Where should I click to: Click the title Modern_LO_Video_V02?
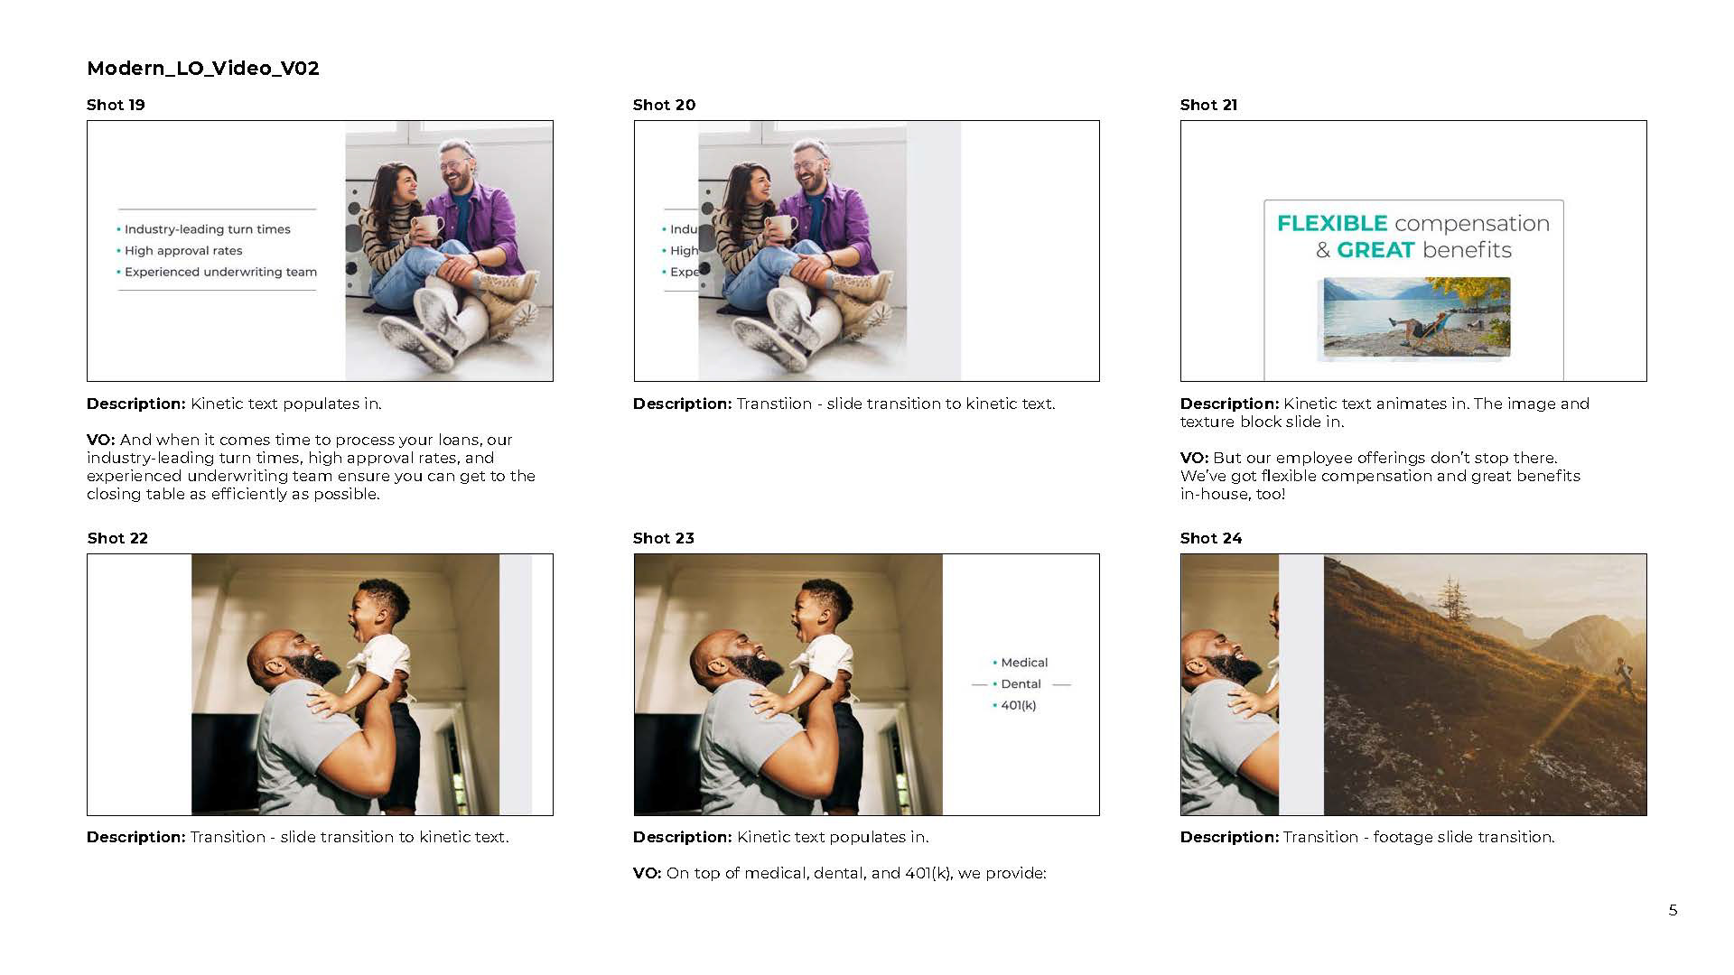tap(203, 69)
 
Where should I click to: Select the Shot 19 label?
tap(116, 105)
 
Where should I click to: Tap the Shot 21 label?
tap(1208, 105)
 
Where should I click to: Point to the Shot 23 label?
tap(664, 538)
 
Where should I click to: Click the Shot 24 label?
tap(1211, 538)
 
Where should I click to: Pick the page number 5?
tap(1673, 910)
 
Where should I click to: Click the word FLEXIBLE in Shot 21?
tap(1332, 223)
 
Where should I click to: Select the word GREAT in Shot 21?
tap(1375, 250)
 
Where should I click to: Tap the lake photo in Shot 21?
tap(1416, 317)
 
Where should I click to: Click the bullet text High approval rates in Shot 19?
tap(183, 251)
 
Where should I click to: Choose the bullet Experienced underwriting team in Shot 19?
tap(220, 272)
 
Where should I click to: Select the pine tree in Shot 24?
tap(1452, 603)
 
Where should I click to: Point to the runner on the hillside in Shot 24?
tap(1624, 676)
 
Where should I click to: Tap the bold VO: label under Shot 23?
tap(648, 873)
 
